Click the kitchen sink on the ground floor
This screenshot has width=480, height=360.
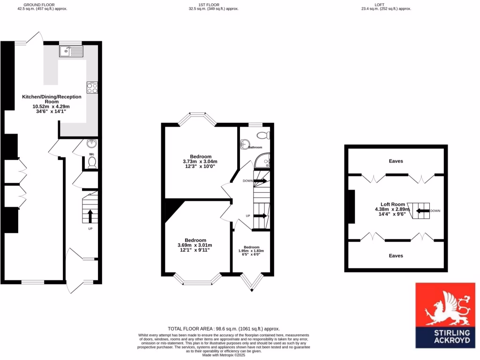tap(71, 51)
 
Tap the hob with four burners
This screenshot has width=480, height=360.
tap(92, 88)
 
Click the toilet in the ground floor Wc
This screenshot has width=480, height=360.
tap(92, 162)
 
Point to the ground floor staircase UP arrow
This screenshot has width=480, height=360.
tap(90, 216)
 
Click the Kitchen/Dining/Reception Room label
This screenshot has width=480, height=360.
tap(52, 99)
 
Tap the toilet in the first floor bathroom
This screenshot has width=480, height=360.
tap(263, 135)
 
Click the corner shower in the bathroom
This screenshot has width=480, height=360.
tap(264, 162)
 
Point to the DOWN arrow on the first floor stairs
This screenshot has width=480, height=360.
tap(260, 180)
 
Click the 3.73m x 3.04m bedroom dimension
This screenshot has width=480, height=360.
tap(200, 162)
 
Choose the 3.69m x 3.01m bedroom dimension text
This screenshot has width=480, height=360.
tap(195, 245)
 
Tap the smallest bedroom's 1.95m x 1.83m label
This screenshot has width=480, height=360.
tap(251, 251)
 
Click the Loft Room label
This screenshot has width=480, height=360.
tap(392, 204)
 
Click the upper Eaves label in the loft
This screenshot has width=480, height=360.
tap(396, 161)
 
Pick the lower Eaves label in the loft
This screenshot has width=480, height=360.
tap(396, 256)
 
